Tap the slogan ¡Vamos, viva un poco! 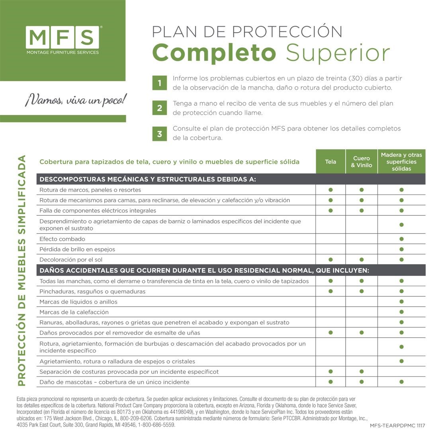[x=76, y=100]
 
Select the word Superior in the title [x=338, y=53]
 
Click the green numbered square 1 [x=160, y=83]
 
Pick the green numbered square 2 [x=160, y=108]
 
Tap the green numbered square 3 [x=160, y=134]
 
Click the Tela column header [x=330, y=162]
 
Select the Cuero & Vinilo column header [x=362, y=162]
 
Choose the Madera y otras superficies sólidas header [x=401, y=162]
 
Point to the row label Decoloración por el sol [x=71, y=259]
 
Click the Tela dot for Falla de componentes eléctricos [x=330, y=211]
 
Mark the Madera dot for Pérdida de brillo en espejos [x=401, y=249]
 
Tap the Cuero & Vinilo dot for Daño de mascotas [x=362, y=382]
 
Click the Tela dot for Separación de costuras [x=330, y=372]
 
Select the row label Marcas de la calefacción [x=74, y=312]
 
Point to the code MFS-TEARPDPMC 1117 [x=397, y=425]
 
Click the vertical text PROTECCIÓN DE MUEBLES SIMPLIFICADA [x=21, y=271]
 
